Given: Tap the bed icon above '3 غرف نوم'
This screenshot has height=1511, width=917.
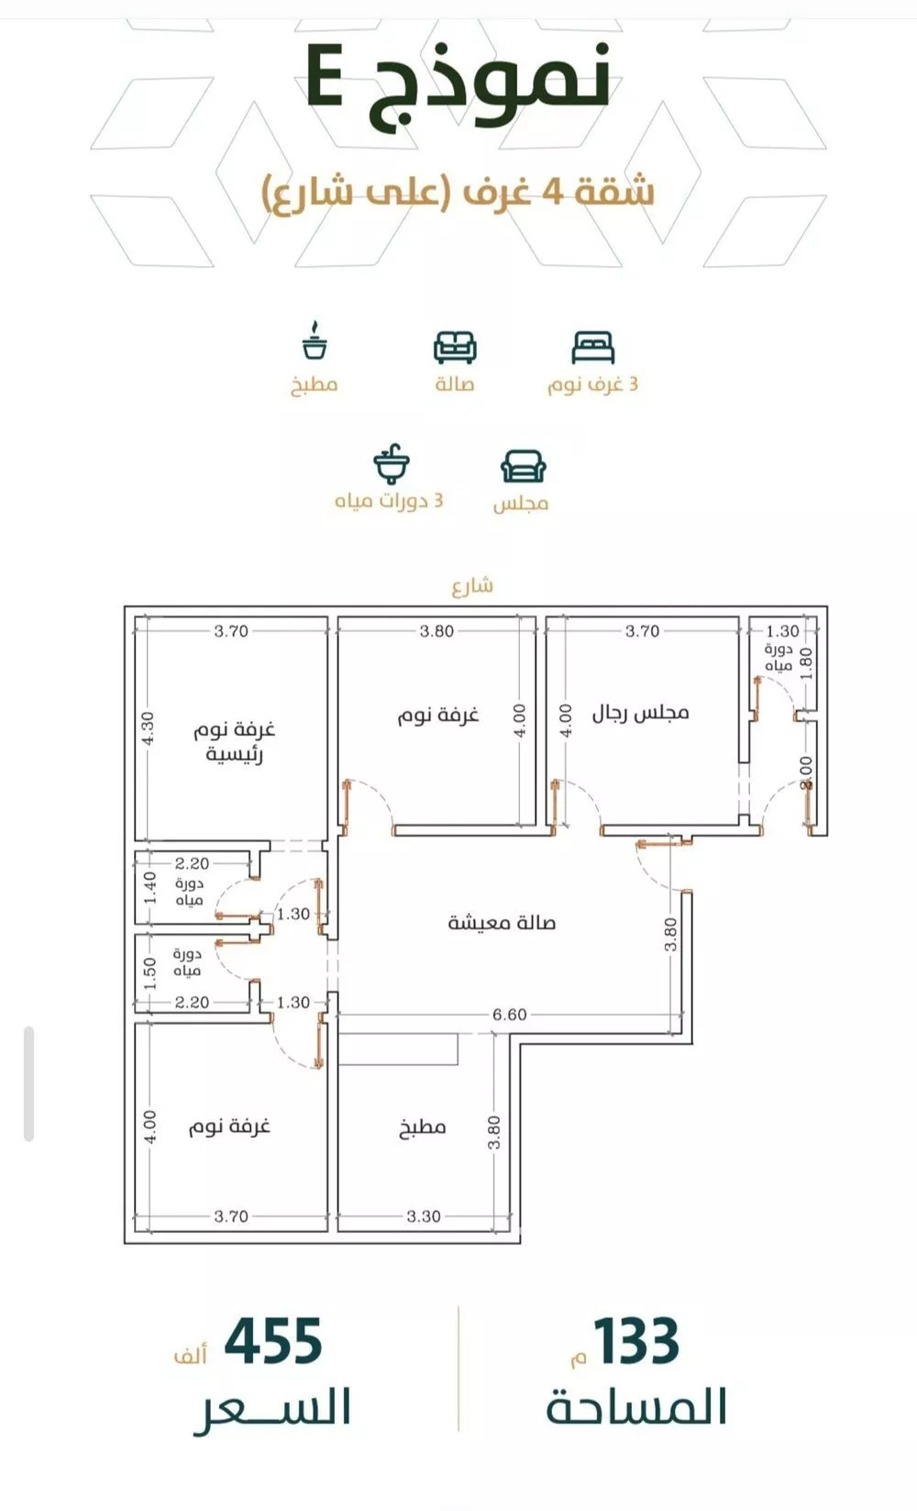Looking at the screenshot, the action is coord(592,348).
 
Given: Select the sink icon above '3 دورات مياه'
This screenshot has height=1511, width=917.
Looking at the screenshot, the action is coord(392,464).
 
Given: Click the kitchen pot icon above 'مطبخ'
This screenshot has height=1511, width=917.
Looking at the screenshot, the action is coord(315,340).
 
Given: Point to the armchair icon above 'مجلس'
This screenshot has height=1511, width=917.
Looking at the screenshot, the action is coord(524,467).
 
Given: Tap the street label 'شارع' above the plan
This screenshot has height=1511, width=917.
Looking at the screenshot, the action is coord(472,585).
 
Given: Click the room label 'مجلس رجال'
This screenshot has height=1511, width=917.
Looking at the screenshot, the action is coord(641,713).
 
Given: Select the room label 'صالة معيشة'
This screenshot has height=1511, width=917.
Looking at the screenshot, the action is coord(502,922).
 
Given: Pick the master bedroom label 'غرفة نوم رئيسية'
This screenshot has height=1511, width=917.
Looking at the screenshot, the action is coord(234,741).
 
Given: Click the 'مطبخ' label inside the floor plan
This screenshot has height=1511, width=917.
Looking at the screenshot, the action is coord(422,1127).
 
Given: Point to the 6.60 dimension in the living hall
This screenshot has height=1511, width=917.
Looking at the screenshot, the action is coord(509,1015).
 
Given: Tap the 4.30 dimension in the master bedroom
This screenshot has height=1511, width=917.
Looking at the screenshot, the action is coord(149,728).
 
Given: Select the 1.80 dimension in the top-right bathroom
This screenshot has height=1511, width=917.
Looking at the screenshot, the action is coord(806,664).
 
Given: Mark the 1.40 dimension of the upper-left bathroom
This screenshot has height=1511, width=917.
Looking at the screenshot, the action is coord(149,888).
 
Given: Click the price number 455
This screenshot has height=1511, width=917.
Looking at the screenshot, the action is coord(273,1340).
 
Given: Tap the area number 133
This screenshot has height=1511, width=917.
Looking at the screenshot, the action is coord(635,1340).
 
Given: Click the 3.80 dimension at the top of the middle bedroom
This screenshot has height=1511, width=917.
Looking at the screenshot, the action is coord(436,631).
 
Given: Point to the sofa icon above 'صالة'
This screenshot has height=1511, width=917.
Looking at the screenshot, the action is coord(455,348).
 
